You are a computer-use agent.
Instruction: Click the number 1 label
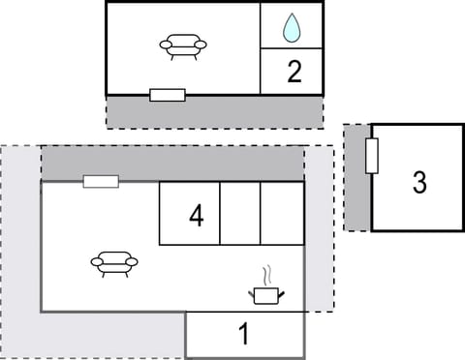[244, 335]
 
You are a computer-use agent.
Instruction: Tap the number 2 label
[294, 71]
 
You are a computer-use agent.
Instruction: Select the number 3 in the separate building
[418, 182]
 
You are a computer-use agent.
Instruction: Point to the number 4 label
[196, 215]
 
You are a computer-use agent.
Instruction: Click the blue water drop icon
[292, 28]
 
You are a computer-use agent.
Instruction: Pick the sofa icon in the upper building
[183, 46]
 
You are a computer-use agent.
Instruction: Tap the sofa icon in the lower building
[114, 262]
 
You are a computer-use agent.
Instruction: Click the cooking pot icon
[267, 293]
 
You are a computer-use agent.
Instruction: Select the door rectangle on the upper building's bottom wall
[168, 95]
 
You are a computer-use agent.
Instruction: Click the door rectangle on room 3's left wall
[371, 156]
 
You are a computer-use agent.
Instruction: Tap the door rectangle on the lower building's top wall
[101, 181]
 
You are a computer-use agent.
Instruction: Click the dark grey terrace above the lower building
[194, 164]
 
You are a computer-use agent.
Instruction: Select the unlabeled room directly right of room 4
[240, 213]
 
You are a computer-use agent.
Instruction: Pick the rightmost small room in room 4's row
[282, 213]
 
